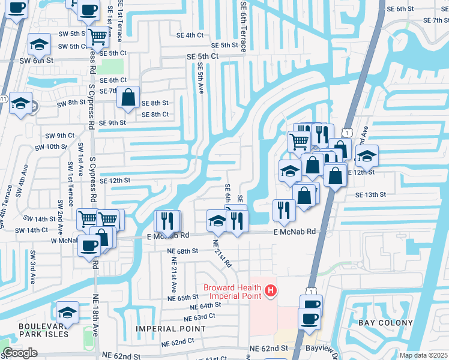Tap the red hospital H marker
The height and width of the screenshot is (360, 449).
(x=271, y=292)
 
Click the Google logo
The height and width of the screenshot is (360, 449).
(x=20, y=353)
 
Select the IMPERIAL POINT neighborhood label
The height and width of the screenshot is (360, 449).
(x=171, y=329)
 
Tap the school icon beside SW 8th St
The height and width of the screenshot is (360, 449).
(x=21, y=103)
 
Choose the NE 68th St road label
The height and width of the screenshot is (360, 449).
(x=184, y=251)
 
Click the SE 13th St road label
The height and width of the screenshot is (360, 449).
(x=370, y=195)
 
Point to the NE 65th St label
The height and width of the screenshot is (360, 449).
(x=183, y=298)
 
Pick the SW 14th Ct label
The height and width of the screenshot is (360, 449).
(x=32, y=230)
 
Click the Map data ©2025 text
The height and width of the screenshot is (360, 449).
(x=423, y=355)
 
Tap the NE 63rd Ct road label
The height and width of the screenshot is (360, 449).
(x=199, y=316)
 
